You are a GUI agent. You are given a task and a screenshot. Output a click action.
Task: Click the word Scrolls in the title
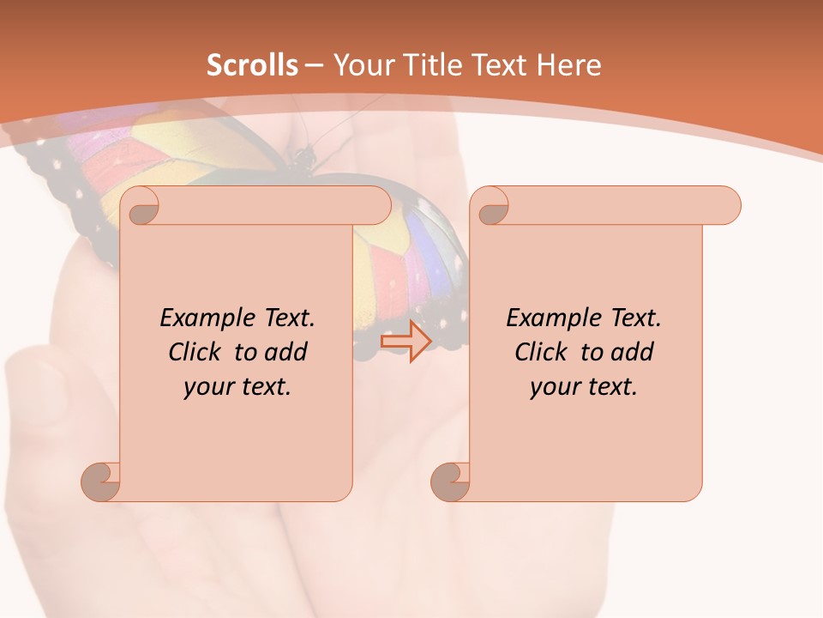click(252, 65)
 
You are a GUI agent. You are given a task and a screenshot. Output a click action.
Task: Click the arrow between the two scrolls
click(405, 341)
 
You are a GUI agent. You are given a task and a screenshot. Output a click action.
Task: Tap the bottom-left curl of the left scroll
click(101, 482)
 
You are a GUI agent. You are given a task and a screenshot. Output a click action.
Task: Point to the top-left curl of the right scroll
click(492, 207)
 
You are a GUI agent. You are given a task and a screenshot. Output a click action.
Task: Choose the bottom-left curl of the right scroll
click(451, 482)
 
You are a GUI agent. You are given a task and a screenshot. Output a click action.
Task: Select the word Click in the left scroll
click(196, 352)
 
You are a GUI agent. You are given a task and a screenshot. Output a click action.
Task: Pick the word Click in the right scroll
click(543, 352)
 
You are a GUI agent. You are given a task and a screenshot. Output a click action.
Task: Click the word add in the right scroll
click(631, 352)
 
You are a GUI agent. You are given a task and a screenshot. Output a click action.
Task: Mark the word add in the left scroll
click(285, 352)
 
